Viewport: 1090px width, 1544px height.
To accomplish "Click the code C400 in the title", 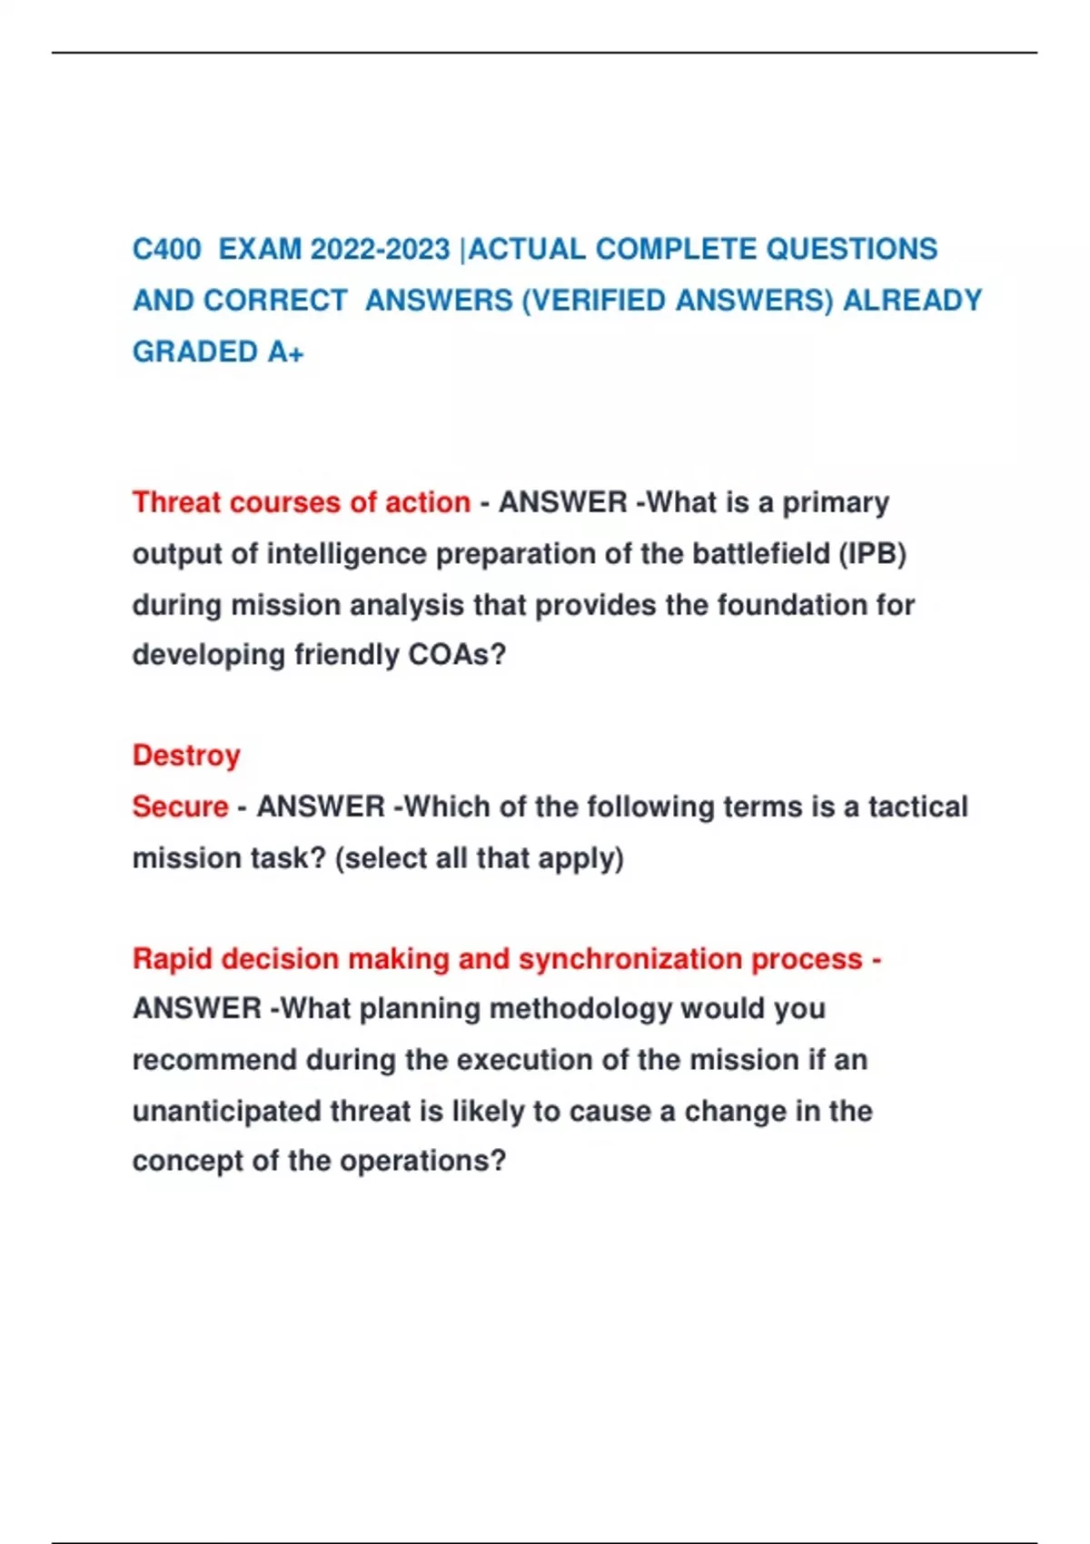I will point(166,249).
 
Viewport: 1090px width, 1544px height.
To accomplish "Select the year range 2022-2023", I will point(380,249).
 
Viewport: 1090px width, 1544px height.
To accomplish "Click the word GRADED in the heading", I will point(195,351).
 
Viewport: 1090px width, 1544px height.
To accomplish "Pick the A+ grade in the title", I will point(285,351).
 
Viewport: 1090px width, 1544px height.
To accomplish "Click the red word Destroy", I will point(186,756).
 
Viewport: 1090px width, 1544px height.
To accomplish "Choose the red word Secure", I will point(180,807).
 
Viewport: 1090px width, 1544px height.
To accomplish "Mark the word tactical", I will point(917,807).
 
